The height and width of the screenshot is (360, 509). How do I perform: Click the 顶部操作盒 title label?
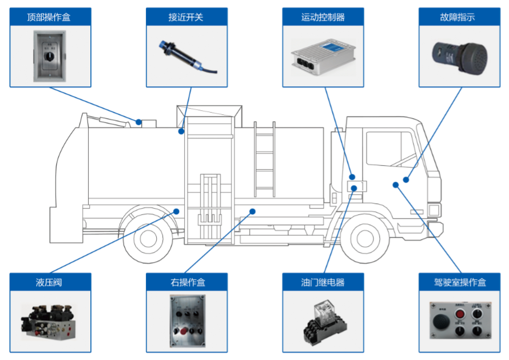pos(50,17)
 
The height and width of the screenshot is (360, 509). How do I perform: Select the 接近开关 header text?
pos(186,17)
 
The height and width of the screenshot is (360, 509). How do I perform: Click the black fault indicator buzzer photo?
pos(458,55)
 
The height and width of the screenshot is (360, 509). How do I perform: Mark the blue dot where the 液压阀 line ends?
pos(177,211)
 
